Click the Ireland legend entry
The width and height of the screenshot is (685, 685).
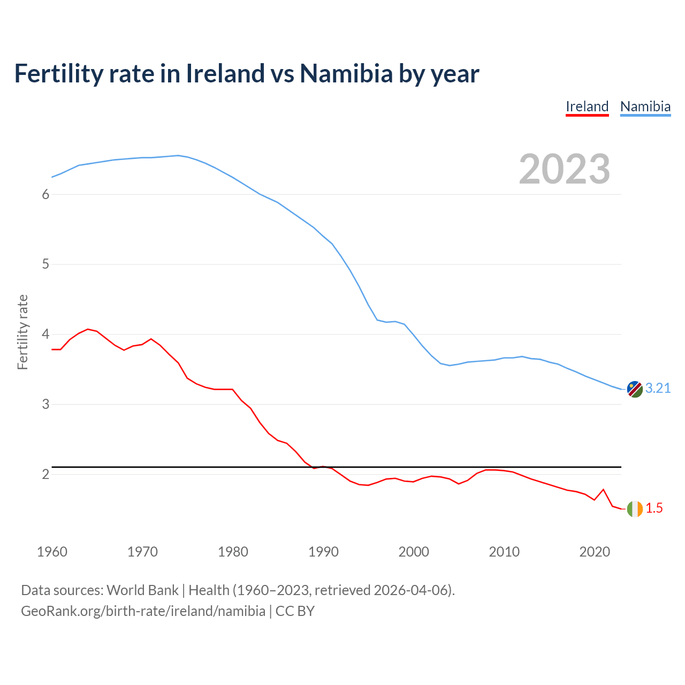587,106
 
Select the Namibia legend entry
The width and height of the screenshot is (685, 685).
645,106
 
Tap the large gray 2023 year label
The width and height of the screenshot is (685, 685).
564,169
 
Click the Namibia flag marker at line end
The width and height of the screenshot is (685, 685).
634,389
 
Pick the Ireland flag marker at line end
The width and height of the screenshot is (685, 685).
634,508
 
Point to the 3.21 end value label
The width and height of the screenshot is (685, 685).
658,389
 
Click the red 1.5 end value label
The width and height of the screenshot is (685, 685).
654,508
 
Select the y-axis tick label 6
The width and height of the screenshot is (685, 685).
45,194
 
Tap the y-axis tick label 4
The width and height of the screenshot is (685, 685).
45,334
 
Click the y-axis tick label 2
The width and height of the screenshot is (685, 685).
45,475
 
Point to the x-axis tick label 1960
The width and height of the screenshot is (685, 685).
52,552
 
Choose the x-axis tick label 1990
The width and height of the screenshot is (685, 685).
323,552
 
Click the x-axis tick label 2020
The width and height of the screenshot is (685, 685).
595,552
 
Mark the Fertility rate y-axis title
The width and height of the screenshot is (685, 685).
22,332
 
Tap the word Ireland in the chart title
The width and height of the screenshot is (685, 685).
225,73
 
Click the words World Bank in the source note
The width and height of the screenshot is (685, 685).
142,590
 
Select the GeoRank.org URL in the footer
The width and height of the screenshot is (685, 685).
143,611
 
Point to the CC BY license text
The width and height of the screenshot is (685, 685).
295,611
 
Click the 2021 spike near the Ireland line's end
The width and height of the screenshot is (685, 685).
603,490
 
